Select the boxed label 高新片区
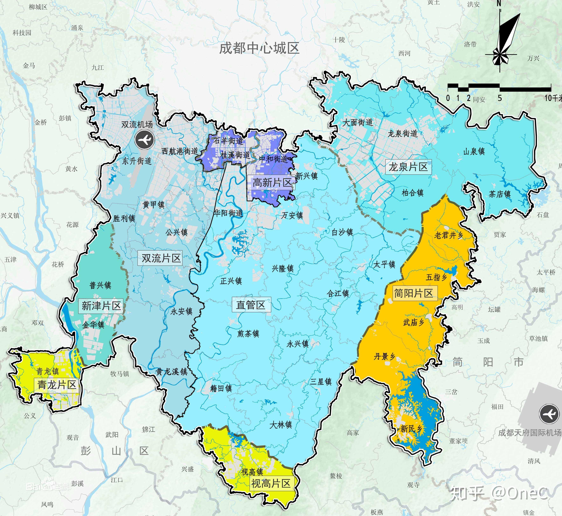272,183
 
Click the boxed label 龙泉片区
408,167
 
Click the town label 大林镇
281,425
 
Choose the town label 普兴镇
100,285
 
